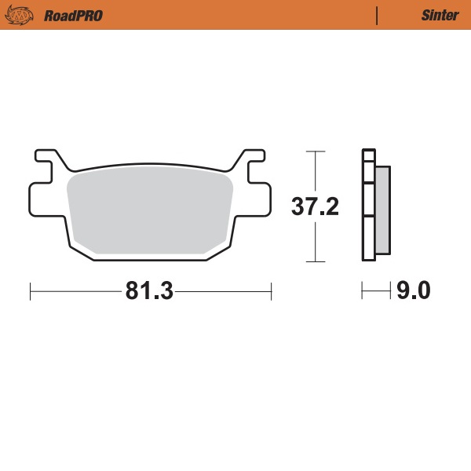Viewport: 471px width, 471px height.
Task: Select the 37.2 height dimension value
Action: click(315, 207)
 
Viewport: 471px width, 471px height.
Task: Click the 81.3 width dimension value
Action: click(148, 291)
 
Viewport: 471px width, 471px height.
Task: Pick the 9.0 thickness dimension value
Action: click(413, 291)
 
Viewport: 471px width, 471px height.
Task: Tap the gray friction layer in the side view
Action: click(382, 210)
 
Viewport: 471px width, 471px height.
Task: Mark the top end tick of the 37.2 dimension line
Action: click(315, 151)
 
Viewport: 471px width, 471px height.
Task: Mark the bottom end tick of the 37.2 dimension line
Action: click(315, 261)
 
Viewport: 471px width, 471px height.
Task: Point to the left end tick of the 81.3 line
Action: click(30, 292)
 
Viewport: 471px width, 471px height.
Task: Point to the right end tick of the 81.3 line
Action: click(271, 292)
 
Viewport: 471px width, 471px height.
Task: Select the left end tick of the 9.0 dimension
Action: click(362, 292)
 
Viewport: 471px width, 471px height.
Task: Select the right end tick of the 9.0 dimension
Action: click(390, 292)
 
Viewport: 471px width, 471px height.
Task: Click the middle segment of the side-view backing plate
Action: click(367, 199)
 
